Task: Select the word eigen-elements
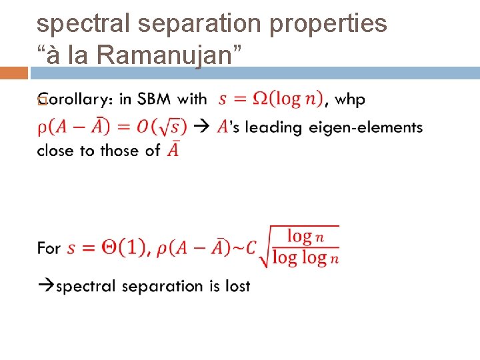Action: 365,127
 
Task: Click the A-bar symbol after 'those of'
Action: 173,149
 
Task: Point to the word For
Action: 49,248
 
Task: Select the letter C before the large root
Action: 250,248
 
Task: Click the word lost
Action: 237,286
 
